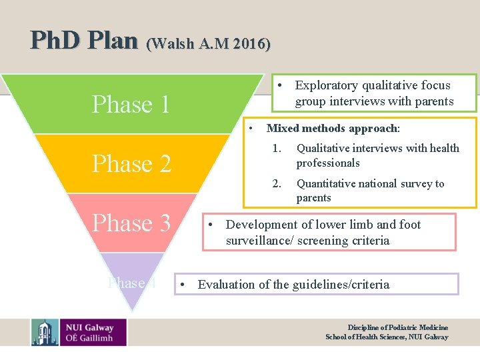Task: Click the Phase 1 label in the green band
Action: [x=131, y=105]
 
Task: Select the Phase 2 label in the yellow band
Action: [x=131, y=163]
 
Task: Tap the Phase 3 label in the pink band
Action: [x=131, y=223]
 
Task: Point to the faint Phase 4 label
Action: [x=132, y=283]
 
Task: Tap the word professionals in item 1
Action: [x=328, y=163]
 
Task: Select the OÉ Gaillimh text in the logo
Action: [x=90, y=337]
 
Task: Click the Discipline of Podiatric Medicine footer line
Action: [x=397, y=327]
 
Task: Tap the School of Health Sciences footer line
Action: [x=387, y=337]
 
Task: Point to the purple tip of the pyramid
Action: [x=132, y=297]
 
